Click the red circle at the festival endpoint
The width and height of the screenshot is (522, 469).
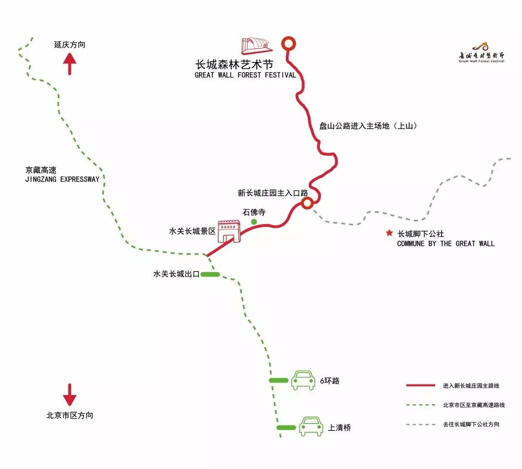(289, 43)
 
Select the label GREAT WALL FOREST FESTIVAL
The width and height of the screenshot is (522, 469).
(245, 75)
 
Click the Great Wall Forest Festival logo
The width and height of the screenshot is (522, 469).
(481, 53)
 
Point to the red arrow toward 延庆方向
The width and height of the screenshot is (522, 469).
(69, 64)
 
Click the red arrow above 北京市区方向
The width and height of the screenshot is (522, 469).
(69, 395)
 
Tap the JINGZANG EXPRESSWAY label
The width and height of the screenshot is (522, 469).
(62, 179)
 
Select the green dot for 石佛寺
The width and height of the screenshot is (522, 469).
(254, 222)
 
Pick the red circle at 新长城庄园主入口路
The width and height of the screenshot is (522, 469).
(307, 203)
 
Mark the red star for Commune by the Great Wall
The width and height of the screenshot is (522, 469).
(390, 233)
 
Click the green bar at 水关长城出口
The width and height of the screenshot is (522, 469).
(210, 274)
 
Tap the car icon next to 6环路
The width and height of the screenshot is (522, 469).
(303, 380)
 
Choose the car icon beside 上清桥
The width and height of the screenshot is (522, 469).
(311, 427)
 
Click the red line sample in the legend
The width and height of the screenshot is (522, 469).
(420, 385)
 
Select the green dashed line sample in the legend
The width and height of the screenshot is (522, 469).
(420, 405)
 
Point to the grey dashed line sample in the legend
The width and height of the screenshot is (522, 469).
(420, 424)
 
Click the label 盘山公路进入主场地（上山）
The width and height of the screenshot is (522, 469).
(368, 125)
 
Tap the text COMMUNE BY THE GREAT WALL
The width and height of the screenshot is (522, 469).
(446, 243)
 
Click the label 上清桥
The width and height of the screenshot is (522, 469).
(340, 428)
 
